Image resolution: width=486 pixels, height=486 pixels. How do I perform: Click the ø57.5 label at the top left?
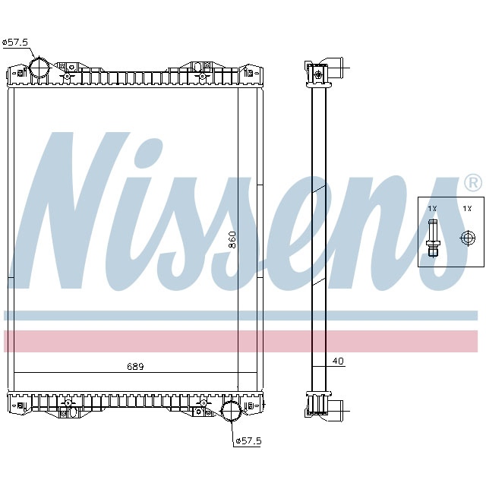pyautogui.click(x=15, y=43)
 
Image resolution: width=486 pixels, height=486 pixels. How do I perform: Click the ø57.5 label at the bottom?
pyautogui.click(x=248, y=440)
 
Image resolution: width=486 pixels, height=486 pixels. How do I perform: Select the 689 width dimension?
pyautogui.click(x=134, y=366)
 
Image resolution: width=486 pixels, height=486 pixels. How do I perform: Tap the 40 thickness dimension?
pyautogui.click(x=338, y=361)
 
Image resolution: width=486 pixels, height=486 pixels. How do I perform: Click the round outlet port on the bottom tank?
pyautogui.click(x=230, y=412)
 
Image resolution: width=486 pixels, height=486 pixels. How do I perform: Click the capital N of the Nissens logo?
pyautogui.click(x=72, y=213)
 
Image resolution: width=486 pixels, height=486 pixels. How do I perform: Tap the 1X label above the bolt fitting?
pyautogui.click(x=432, y=208)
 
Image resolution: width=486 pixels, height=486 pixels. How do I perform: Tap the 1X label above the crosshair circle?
pyautogui.click(x=466, y=208)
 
